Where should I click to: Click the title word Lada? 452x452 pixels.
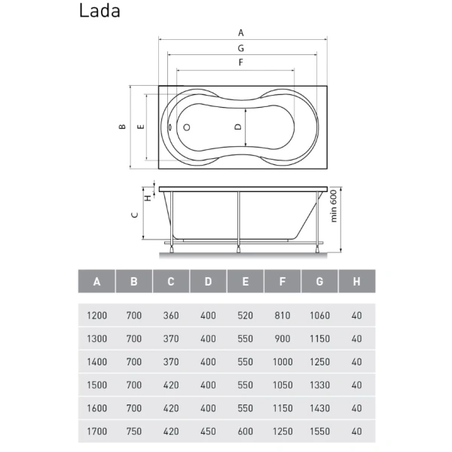(99, 11)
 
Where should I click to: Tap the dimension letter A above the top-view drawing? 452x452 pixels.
(241, 32)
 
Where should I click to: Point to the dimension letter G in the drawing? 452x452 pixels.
(241, 47)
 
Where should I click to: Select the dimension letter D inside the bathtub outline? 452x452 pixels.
(238, 127)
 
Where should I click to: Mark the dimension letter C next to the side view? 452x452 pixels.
(134, 215)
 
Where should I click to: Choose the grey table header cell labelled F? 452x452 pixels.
(282, 282)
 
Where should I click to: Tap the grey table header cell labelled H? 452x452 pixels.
(357, 282)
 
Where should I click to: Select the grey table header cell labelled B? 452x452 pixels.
(134, 282)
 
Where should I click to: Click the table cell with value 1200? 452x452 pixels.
(97, 315)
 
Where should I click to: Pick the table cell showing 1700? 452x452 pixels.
(97, 432)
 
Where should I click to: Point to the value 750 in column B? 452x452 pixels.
(134, 432)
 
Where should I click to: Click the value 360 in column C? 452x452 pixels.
(171, 315)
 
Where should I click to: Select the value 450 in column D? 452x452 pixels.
(208, 432)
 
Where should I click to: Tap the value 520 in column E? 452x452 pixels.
(246, 315)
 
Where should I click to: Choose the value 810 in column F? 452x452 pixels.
(282, 315)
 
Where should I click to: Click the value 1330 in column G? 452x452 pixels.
(319, 385)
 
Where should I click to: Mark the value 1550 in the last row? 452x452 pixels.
(319, 432)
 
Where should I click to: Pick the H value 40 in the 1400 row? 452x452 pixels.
(357, 362)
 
